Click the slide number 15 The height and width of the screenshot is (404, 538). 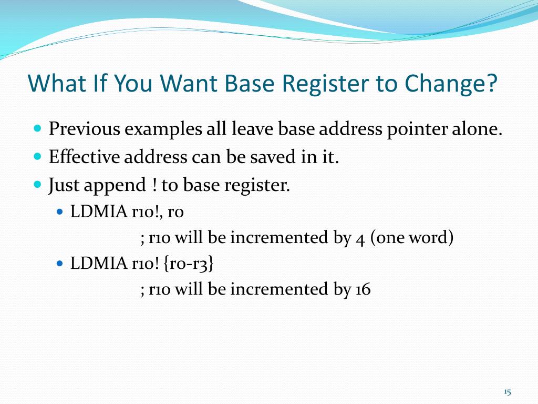507,391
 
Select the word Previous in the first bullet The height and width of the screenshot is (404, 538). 84,129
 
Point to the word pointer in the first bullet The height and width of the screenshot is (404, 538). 418,129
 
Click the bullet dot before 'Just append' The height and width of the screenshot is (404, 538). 37,185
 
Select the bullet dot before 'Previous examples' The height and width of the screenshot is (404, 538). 37,129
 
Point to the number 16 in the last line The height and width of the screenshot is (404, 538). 362,289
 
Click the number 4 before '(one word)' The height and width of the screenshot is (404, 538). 360,238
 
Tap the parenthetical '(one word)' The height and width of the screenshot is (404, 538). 411,238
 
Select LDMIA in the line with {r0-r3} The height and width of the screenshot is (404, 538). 99,264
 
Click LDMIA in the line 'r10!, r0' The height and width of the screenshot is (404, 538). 99,212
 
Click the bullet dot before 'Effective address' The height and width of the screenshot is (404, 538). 37,157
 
